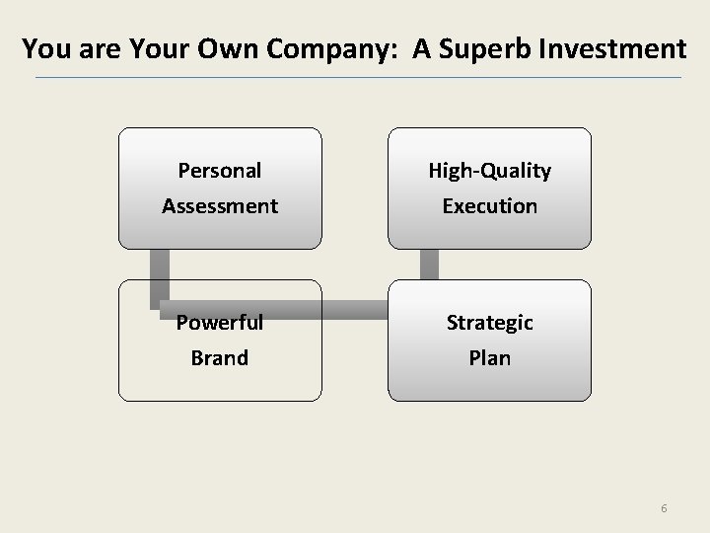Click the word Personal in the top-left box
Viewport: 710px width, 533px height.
click(x=219, y=171)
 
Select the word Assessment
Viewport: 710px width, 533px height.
click(x=220, y=206)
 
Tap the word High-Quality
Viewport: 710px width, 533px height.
click(x=489, y=171)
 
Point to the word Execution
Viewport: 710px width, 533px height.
click(x=489, y=206)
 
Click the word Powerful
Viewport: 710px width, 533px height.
click(x=220, y=323)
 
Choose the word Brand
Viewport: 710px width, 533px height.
click(x=219, y=357)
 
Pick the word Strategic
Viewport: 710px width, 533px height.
click(x=489, y=323)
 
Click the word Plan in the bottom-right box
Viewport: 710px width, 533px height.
click(x=489, y=357)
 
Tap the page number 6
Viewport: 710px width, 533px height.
click(x=664, y=508)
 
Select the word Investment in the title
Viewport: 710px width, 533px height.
click(x=618, y=48)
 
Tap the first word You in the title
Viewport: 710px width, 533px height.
click(x=43, y=48)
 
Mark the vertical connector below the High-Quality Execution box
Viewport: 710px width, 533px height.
click(x=429, y=264)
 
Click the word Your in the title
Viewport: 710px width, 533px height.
click(x=147, y=48)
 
